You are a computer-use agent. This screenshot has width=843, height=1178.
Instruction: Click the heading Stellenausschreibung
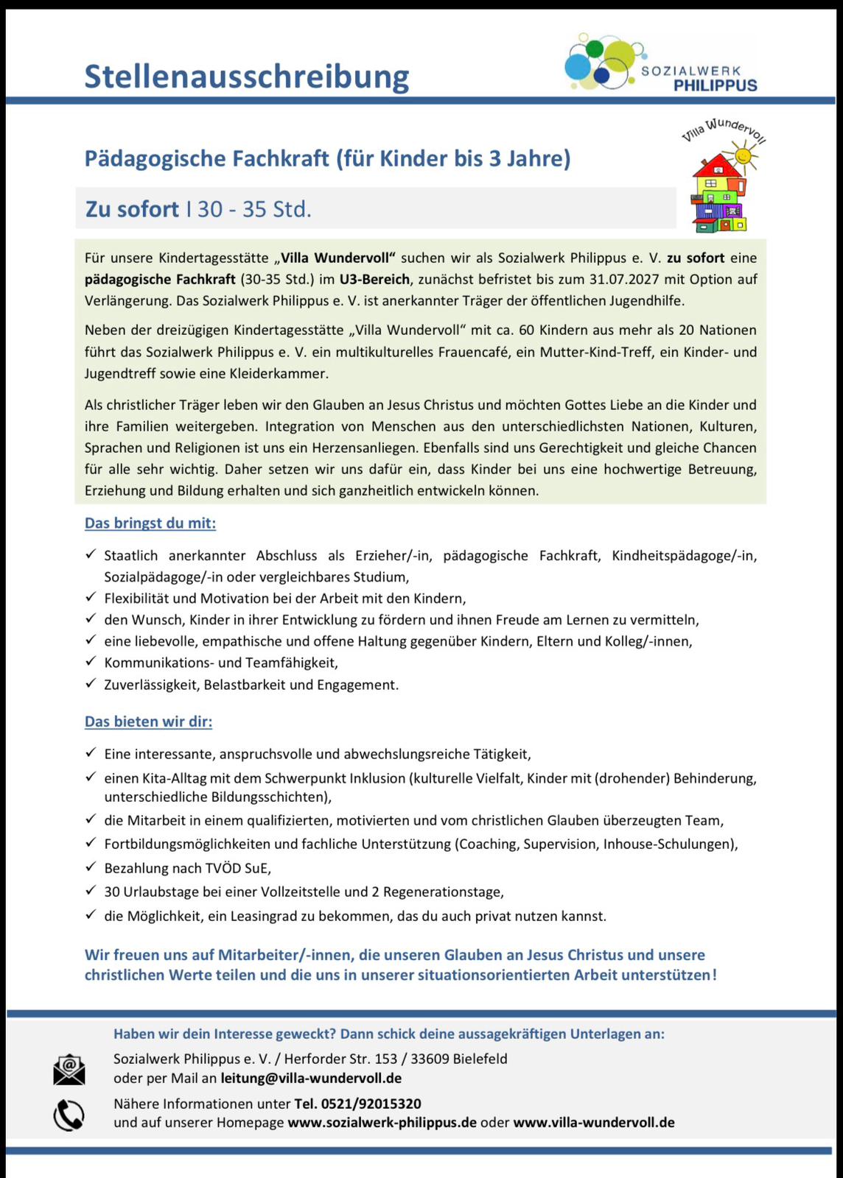tap(246, 77)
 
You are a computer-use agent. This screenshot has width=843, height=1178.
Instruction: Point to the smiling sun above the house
tap(744, 155)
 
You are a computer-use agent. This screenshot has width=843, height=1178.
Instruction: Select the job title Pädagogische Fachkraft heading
tap(327, 158)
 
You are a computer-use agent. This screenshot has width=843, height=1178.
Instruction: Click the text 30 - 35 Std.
tap(254, 209)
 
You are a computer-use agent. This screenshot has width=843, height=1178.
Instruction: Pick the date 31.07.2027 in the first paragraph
tap(626, 279)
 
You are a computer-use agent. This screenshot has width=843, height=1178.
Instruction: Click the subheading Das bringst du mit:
tap(150, 523)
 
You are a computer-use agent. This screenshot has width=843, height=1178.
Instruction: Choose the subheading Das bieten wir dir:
tap(148, 722)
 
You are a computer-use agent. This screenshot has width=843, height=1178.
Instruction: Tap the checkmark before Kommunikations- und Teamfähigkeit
tap(91, 661)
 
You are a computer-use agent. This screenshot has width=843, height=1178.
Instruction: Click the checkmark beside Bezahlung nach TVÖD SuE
tap(91, 867)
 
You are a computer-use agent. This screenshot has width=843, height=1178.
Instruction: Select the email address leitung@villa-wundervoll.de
tap(311, 1079)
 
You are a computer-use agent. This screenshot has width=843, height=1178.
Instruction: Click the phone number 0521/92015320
tap(357, 1104)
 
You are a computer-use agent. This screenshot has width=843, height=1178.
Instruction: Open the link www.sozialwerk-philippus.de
tap(382, 1123)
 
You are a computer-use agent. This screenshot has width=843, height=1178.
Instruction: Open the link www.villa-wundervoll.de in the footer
tap(594, 1123)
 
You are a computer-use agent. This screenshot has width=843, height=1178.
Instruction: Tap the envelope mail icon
tap(69, 1069)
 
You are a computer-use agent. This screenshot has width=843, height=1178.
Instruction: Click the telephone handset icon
tap(69, 1115)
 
